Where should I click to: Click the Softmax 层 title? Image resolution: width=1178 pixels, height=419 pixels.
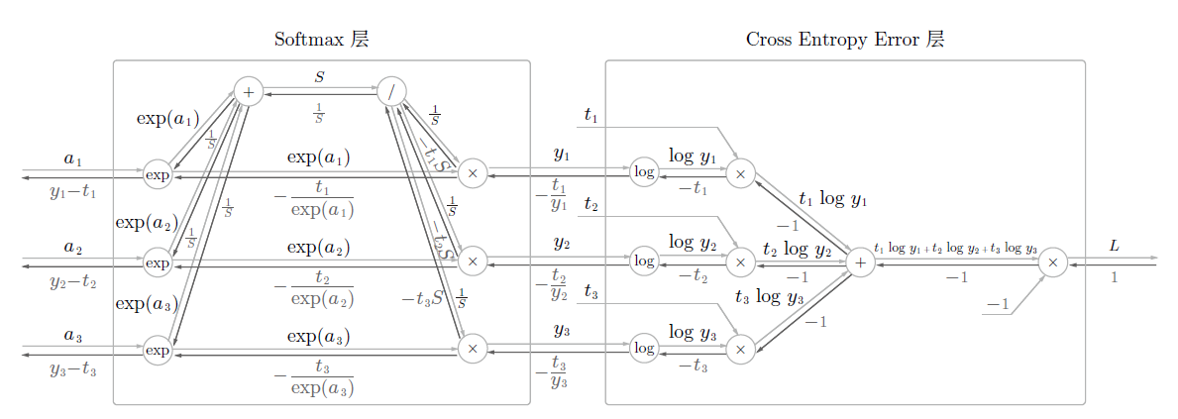(322, 40)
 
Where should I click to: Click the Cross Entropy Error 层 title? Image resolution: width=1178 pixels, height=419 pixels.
(844, 40)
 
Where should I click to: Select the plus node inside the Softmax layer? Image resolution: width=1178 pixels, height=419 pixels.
(248, 92)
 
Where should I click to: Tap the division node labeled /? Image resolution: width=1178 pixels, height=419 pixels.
(392, 92)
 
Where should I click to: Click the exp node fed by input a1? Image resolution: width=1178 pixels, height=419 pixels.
(158, 175)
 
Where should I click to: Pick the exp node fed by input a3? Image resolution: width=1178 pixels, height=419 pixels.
(158, 349)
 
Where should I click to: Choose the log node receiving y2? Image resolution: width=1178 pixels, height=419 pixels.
(644, 262)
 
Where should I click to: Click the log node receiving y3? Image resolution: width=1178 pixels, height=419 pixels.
(644, 349)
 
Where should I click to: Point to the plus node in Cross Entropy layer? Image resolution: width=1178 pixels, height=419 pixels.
(860, 262)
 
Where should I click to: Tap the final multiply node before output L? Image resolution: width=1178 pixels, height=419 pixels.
(1053, 262)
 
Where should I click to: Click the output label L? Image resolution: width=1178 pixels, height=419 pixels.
(1115, 245)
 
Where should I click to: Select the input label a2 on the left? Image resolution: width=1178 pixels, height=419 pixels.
(72, 247)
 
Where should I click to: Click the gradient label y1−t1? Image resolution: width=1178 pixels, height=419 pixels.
(72, 192)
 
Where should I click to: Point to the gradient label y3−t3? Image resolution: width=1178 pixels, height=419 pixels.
(72, 369)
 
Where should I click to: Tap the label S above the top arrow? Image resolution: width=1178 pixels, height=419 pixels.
(319, 75)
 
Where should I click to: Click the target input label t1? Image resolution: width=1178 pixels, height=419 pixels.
(591, 117)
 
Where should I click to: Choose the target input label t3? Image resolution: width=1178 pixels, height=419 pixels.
(591, 291)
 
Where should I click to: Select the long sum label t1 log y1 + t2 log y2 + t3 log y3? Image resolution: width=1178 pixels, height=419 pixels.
(956, 249)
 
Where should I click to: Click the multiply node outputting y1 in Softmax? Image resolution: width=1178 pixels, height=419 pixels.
(473, 173)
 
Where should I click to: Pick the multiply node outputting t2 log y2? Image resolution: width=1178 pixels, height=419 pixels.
(739, 262)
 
